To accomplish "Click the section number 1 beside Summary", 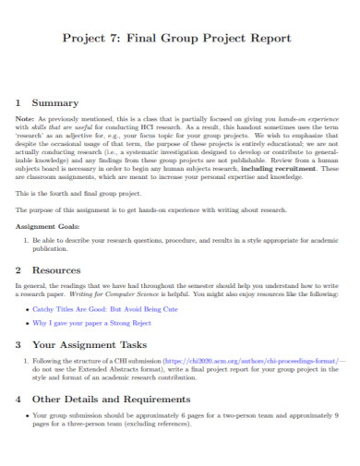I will [x=19, y=103].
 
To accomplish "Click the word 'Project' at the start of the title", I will [x=82, y=38].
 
